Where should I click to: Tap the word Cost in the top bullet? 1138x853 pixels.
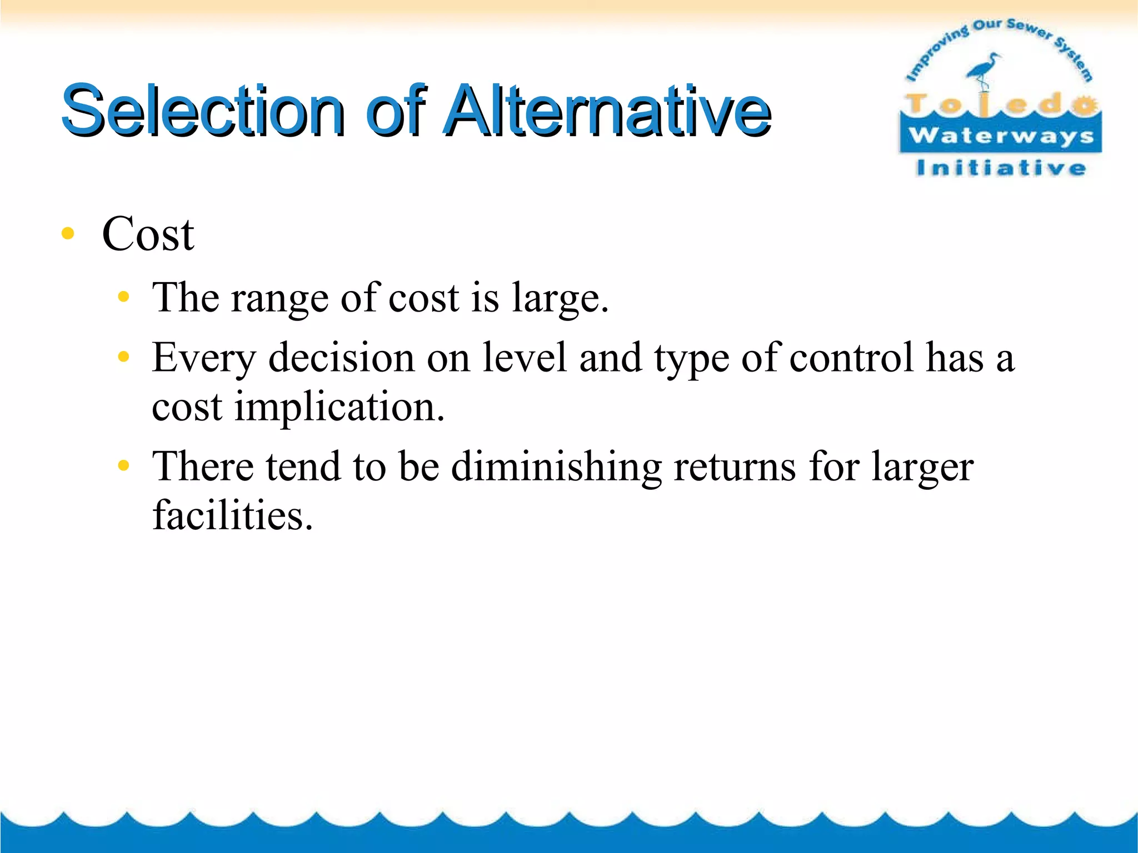[148, 234]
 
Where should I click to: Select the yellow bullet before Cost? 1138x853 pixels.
[68, 234]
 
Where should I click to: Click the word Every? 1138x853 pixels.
[204, 359]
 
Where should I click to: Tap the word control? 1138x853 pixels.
[851, 358]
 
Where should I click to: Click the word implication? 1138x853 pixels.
[339, 408]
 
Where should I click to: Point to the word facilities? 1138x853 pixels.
[232, 515]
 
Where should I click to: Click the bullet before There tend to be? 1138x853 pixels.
[123, 465]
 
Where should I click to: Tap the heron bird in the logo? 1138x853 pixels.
[984, 69]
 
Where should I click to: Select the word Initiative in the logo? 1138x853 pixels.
[1001, 168]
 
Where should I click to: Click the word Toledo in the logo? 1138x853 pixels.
[1000, 104]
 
